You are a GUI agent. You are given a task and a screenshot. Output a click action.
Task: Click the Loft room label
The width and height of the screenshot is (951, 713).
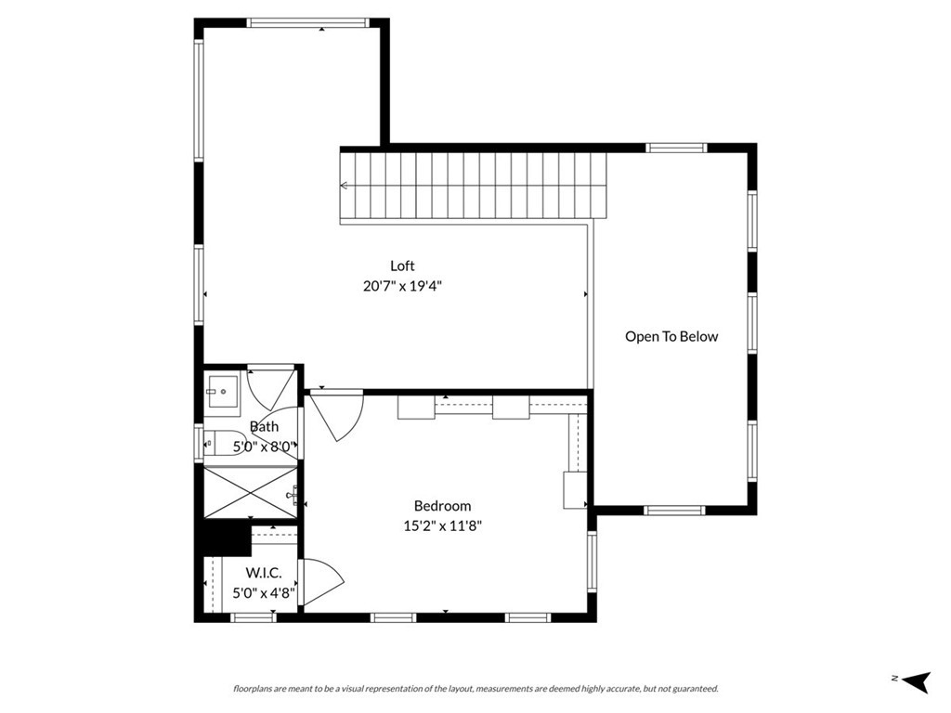[402, 266]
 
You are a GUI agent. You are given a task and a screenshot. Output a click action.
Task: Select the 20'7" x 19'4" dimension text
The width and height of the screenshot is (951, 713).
[402, 287]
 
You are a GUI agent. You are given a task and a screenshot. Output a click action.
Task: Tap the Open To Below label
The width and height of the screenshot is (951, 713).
[671, 337]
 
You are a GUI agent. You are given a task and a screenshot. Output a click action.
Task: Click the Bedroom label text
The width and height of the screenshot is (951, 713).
[442, 506]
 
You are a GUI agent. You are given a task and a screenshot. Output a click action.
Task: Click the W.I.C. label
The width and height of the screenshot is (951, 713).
[263, 574]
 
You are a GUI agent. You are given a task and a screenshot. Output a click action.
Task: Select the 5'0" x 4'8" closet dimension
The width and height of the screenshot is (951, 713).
[263, 592]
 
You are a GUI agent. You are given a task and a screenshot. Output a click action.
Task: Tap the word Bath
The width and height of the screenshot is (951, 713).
[264, 427]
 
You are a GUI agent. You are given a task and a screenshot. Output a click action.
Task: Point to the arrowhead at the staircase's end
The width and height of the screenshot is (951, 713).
[344, 186]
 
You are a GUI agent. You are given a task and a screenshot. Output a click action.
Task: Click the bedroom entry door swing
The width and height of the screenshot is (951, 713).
[337, 414]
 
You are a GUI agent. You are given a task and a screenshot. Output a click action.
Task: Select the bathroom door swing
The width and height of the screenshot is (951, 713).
[270, 388]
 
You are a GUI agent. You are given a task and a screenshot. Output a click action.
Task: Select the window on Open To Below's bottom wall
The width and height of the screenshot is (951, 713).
[674, 510]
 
